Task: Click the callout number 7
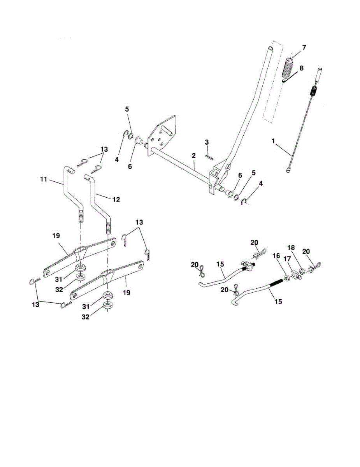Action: tap(304, 47)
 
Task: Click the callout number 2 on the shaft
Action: tap(193, 156)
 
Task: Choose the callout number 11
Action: tap(44, 180)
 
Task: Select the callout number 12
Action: tap(116, 199)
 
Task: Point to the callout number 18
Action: tap(292, 248)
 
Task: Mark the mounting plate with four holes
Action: tap(163, 138)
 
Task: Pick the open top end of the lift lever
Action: tap(270, 47)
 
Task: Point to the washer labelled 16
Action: tap(285, 277)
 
